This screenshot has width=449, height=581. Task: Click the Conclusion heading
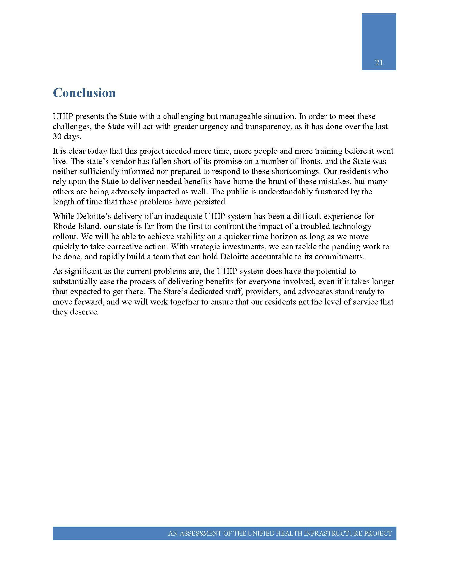click(84, 93)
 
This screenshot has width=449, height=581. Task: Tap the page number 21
click(379, 63)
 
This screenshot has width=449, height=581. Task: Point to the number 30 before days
click(57, 137)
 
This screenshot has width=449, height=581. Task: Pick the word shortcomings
click(292, 172)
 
